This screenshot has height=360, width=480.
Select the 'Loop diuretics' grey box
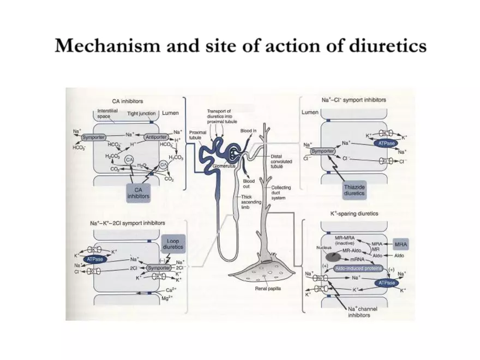click(x=173, y=243)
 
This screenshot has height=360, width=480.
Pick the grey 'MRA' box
click(x=401, y=244)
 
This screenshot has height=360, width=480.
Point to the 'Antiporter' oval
click(x=155, y=137)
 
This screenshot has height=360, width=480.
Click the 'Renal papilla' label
click(x=268, y=289)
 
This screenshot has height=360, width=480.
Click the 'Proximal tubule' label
click(x=197, y=135)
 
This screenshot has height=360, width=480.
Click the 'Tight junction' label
click(x=141, y=114)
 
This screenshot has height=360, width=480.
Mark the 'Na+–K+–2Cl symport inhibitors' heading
click(x=128, y=223)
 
